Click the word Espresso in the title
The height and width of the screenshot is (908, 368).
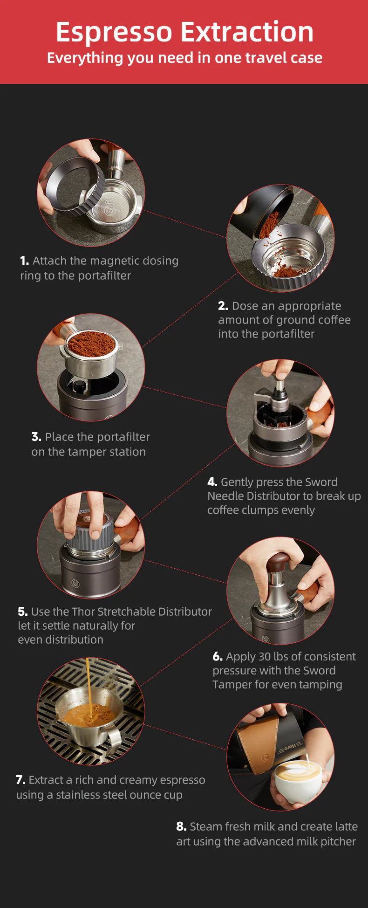(x=114, y=33)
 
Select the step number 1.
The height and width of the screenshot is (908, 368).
(x=24, y=261)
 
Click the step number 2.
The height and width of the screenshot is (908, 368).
(x=223, y=306)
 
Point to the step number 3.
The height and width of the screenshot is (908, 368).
(x=36, y=437)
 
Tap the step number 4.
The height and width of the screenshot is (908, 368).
(x=212, y=482)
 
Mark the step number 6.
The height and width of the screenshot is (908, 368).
(x=218, y=656)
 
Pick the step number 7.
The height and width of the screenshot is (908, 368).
(x=20, y=780)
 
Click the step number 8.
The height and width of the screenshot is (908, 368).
(x=181, y=826)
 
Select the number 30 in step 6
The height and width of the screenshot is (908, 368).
(x=265, y=656)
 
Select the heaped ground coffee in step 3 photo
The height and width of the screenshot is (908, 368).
(x=91, y=344)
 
